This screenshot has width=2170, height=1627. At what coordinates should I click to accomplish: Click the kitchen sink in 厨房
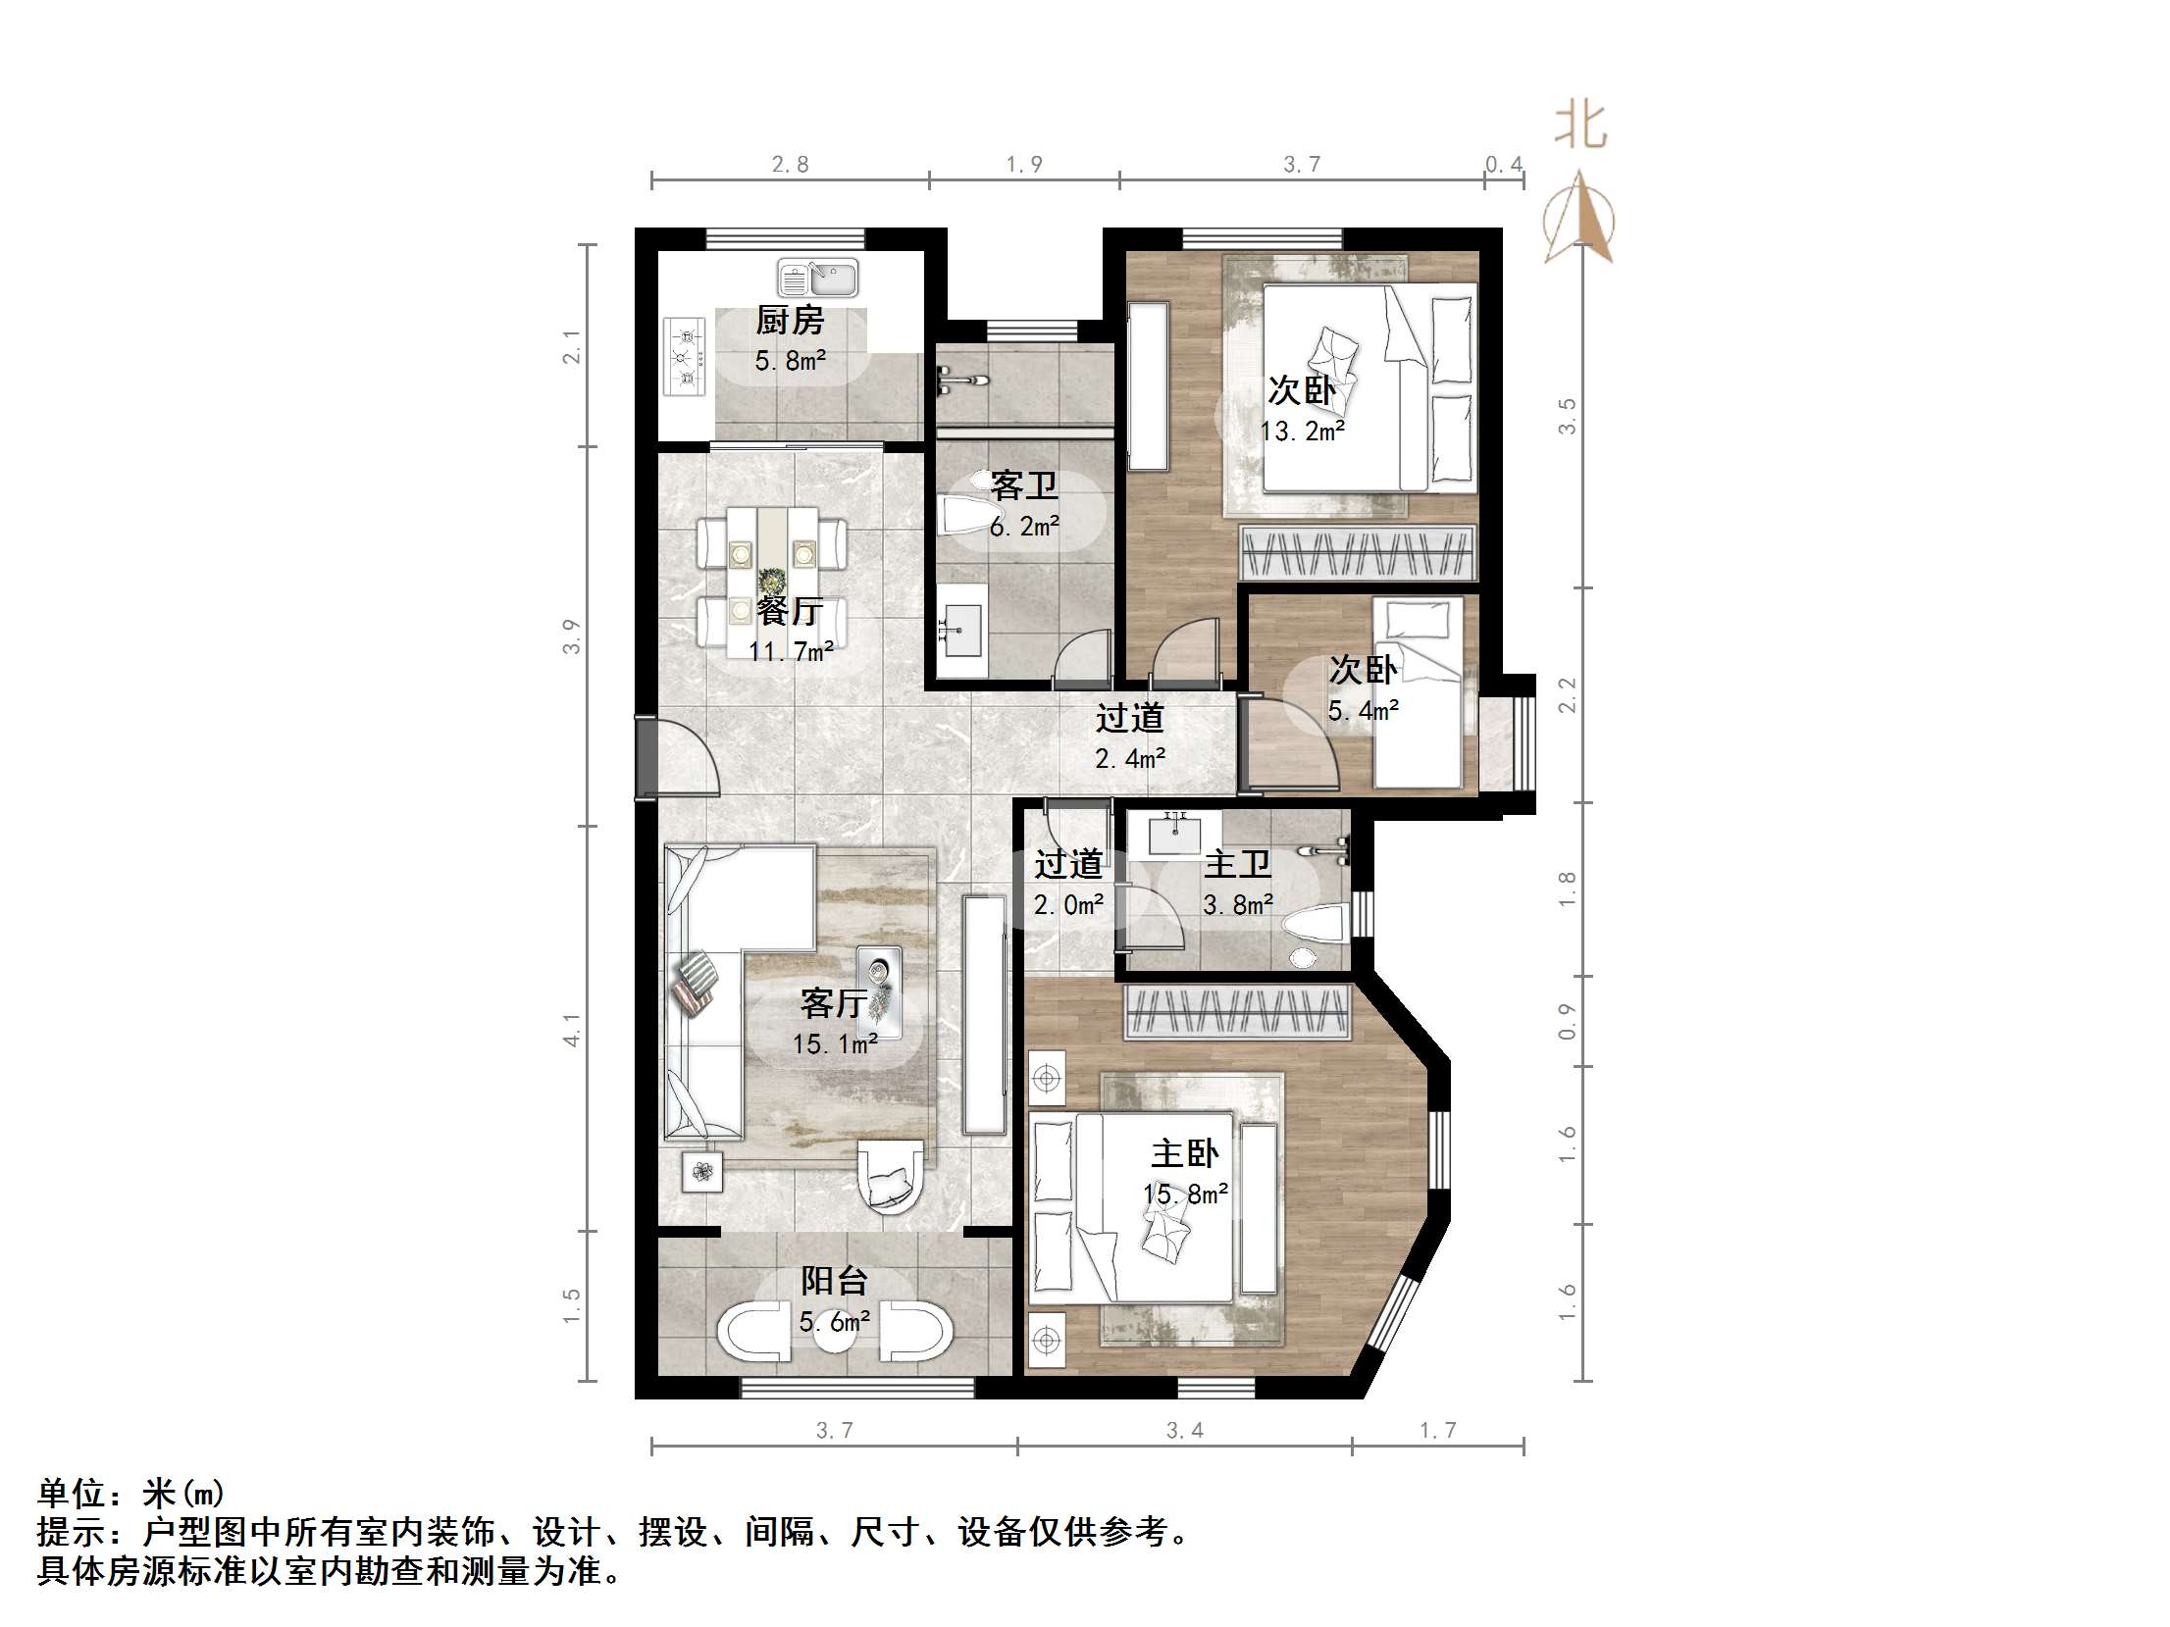tap(817, 278)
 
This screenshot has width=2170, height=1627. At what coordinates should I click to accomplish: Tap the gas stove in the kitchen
tap(684, 357)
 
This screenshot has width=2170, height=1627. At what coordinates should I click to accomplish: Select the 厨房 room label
tap(790, 320)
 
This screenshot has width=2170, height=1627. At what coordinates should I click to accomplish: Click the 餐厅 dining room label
tap(790, 611)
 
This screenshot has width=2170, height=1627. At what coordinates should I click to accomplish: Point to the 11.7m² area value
tap(792, 651)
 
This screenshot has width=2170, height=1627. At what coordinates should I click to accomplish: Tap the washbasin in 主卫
tap(1175, 837)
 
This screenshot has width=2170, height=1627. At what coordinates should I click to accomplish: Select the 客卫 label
tap(1024, 485)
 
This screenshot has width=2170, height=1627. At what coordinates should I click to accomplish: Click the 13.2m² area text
tap(1303, 432)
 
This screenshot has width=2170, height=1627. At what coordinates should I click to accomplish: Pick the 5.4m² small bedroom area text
tap(1364, 711)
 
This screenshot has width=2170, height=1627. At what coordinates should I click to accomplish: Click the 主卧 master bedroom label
tap(1185, 1153)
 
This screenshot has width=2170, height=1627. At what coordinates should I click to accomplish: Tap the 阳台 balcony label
tap(834, 1281)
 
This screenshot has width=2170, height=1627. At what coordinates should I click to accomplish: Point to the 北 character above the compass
tap(1580, 127)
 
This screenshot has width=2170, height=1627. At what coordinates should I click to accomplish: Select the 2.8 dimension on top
tap(790, 165)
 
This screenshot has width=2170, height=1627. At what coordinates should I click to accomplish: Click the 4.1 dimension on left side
tap(572, 1030)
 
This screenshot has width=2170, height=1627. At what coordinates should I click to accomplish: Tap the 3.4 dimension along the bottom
tap(1185, 1431)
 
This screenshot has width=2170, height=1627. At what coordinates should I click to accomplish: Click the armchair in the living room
tap(891, 1177)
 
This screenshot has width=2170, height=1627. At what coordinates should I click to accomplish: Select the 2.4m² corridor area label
tap(1130, 758)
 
